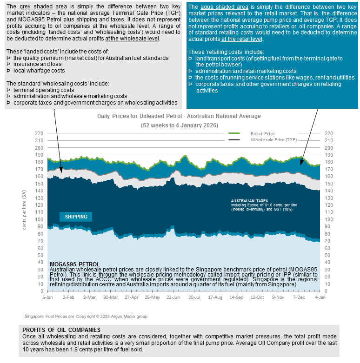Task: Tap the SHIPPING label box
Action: (x=76, y=217)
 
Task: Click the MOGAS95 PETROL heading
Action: (x=74, y=264)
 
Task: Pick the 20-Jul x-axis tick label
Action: (x=194, y=297)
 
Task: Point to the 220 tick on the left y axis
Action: (x=39, y=133)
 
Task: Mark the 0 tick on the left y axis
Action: (x=42, y=291)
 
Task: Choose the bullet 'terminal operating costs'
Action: (x=44, y=90)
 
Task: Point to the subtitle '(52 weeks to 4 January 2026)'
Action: (x=179, y=125)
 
